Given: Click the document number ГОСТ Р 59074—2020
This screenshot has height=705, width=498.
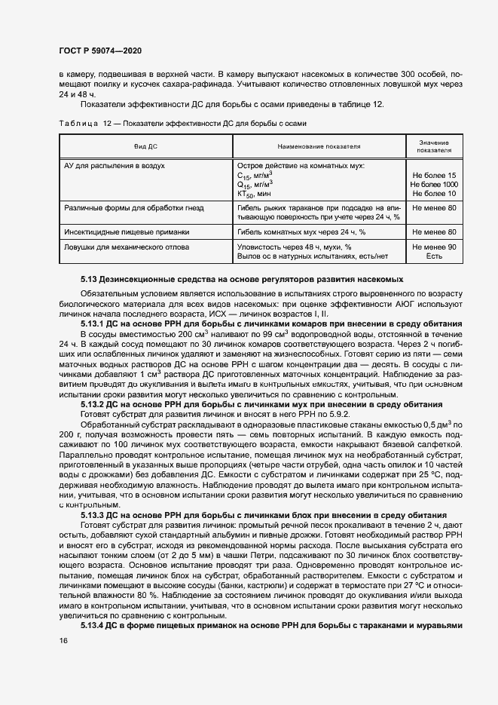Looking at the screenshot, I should tap(99, 51).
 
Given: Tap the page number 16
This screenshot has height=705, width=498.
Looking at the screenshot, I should tap(63, 640).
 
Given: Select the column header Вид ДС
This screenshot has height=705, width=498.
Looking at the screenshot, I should tap(145, 146).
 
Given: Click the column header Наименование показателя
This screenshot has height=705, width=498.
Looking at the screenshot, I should tap(319, 146).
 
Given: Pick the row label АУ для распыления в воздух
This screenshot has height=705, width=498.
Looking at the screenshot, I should tap(115, 164).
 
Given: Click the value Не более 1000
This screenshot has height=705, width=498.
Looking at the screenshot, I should tap(433, 184).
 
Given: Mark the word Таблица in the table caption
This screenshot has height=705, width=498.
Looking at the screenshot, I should tap(78, 123).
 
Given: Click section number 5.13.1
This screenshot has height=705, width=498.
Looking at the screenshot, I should tap(94, 323).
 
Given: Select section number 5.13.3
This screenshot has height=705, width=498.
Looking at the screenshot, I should tap(94, 513).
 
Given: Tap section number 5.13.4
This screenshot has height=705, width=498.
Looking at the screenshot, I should tap(94, 626).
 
